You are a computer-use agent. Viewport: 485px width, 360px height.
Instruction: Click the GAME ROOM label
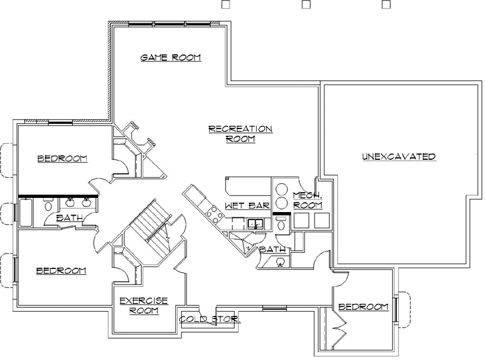click(170, 58)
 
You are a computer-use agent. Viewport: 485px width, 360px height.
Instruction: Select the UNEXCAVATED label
click(399, 157)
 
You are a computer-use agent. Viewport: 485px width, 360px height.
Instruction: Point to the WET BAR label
click(246, 205)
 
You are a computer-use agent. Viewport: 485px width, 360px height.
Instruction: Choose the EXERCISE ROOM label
click(143, 306)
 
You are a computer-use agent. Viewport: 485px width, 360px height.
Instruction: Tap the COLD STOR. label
click(210, 319)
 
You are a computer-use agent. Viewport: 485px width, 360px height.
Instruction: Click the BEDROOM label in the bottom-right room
click(363, 307)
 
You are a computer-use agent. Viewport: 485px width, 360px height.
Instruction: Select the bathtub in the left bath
click(25, 213)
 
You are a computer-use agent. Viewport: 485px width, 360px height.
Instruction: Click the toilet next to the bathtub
click(47, 208)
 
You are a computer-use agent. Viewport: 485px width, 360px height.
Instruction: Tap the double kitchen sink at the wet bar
click(254, 223)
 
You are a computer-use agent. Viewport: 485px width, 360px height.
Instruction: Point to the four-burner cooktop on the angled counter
click(215, 214)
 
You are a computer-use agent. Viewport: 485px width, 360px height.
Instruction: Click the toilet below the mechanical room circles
click(281, 226)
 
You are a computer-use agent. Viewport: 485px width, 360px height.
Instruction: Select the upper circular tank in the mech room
click(282, 188)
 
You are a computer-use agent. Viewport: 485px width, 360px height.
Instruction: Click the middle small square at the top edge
click(306, 4)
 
